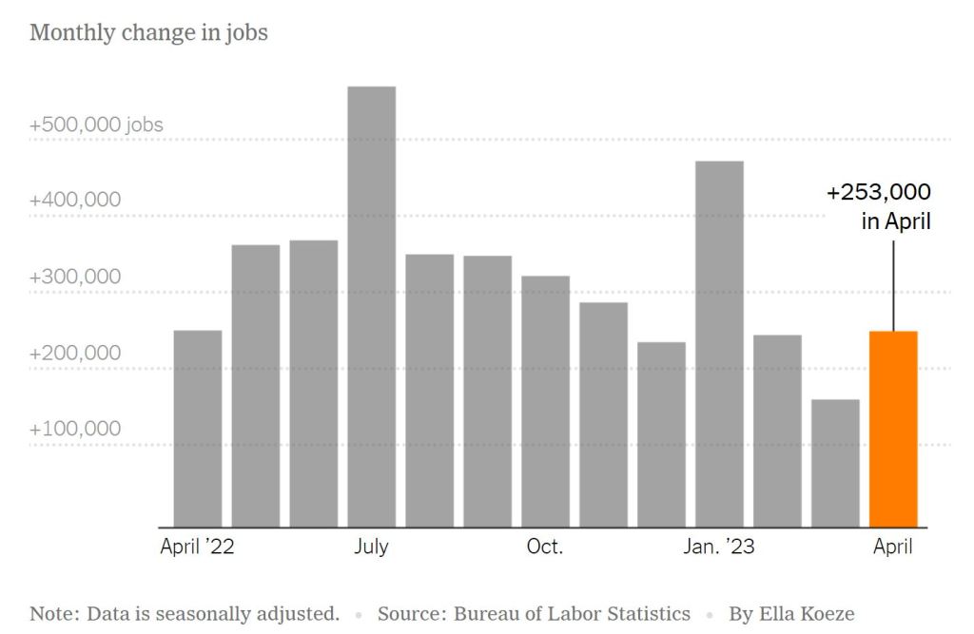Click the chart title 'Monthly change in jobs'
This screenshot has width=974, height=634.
coord(148,33)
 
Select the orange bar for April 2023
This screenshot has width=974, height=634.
coord(893,429)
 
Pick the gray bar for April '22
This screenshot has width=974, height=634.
coord(198,429)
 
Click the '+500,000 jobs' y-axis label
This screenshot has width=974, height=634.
coord(96,125)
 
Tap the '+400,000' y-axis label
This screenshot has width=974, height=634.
coord(75,201)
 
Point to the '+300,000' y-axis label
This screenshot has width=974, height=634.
coord(75,277)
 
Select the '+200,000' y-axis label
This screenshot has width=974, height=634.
coord(75,353)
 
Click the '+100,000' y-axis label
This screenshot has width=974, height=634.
coord(75,429)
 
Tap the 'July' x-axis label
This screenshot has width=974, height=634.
coord(371,547)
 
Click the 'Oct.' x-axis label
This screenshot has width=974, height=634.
coord(545,547)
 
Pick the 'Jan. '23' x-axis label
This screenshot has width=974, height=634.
coord(719,547)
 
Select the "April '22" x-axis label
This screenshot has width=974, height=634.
coord(198,547)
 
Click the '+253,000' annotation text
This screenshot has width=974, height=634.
coord(878,193)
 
